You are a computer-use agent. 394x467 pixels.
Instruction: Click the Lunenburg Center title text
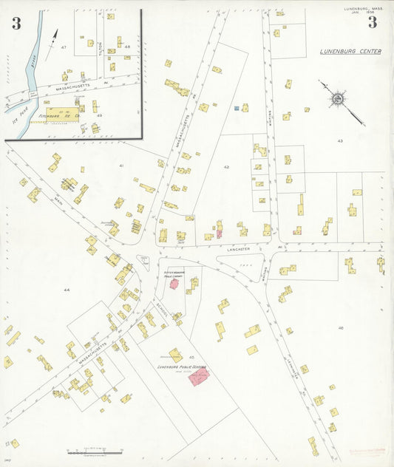(x=350, y=52)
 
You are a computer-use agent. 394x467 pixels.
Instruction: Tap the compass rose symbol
(x=337, y=98)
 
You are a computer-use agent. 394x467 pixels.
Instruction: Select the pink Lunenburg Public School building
(x=199, y=377)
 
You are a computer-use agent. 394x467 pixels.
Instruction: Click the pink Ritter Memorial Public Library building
(x=174, y=284)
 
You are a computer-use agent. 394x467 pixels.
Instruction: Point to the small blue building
(x=237, y=108)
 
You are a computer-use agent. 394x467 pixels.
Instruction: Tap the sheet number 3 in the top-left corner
(x=16, y=23)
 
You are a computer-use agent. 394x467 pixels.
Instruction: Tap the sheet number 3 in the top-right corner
(x=372, y=23)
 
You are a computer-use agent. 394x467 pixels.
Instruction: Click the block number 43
(x=340, y=140)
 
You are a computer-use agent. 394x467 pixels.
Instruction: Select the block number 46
(x=341, y=327)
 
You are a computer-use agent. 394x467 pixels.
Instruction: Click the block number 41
(x=120, y=166)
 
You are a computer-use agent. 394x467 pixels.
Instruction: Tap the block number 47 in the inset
(x=64, y=47)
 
